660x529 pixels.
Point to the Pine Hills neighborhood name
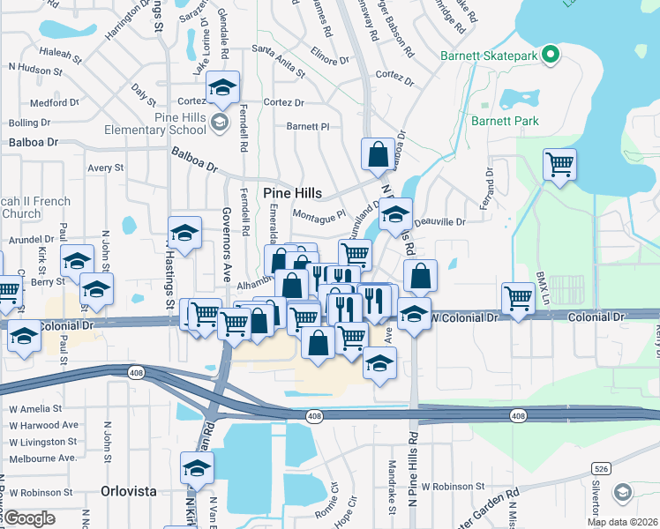292,192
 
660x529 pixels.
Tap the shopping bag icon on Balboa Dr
378,154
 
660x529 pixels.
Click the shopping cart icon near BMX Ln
518,297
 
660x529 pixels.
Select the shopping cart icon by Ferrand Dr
559,164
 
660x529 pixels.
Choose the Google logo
29,518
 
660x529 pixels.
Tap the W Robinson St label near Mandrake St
453,486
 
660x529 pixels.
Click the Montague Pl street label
319,215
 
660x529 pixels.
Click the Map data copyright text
621,522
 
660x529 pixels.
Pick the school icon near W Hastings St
184,233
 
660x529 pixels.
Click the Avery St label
105,168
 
